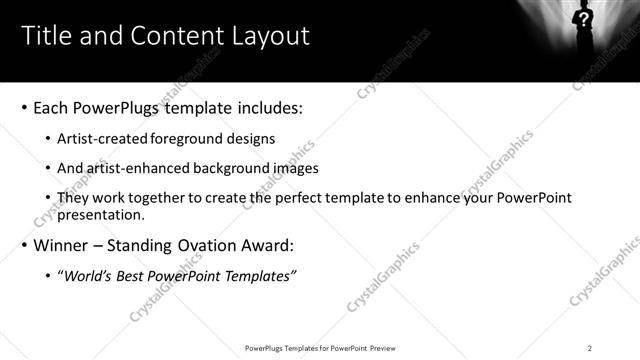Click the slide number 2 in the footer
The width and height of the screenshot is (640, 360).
pos(589,348)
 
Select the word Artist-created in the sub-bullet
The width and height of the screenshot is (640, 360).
pos(96,139)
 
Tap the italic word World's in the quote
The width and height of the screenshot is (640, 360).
pos(88,276)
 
